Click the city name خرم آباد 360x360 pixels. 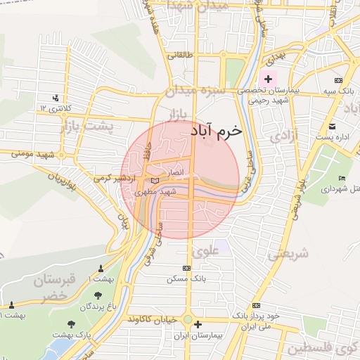[x=215, y=131]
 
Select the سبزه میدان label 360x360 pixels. [x=194, y=91]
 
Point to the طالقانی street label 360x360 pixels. [x=179, y=53]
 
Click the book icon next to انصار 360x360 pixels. [x=155, y=181]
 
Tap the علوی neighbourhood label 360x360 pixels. [x=205, y=250]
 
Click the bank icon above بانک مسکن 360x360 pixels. [x=186, y=268]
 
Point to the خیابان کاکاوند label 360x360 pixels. [x=153, y=319]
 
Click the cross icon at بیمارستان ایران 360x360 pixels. [x=199, y=325]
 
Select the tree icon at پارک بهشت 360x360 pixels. [x=71, y=324]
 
